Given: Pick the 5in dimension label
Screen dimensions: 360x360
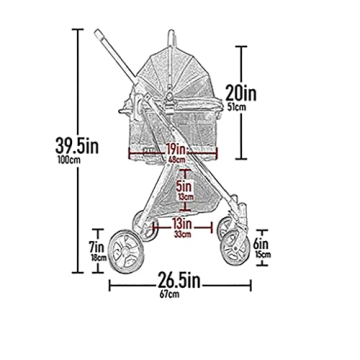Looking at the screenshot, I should click(x=181, y=185).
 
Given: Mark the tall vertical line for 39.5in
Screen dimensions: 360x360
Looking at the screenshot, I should click(x=78, y=150).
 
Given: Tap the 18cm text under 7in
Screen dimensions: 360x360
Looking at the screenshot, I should click(x=98, y=257).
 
